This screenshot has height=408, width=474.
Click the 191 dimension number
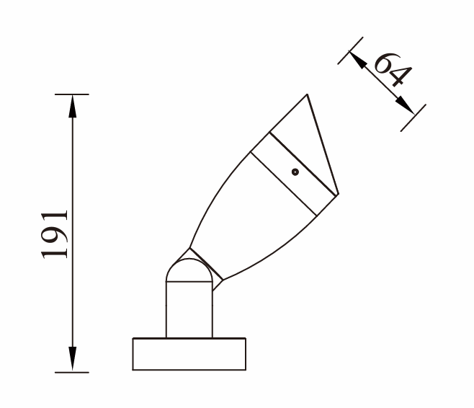tap(55, 234)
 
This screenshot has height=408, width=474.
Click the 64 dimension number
tap(393, 69)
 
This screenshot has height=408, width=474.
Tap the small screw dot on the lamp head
tap(295, 172)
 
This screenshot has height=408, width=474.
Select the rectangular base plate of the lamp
tap(189, 354)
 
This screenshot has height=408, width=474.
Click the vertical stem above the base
tap(189, 309)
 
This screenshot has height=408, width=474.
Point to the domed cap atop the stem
tap(189, 270)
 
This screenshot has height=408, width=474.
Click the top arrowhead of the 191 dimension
tap(72, 106)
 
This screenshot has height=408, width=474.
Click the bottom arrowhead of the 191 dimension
tap(72, 359)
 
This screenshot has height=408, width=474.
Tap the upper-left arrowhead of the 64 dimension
tap(357, 60)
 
